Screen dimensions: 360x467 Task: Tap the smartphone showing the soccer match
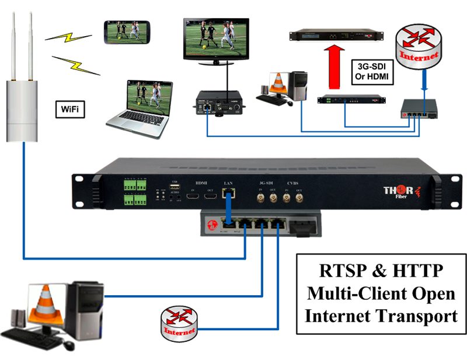(x=127, y=32)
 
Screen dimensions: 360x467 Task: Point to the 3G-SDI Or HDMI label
(x=371, y=71)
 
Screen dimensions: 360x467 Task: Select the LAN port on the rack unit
(x=229, y=192)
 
